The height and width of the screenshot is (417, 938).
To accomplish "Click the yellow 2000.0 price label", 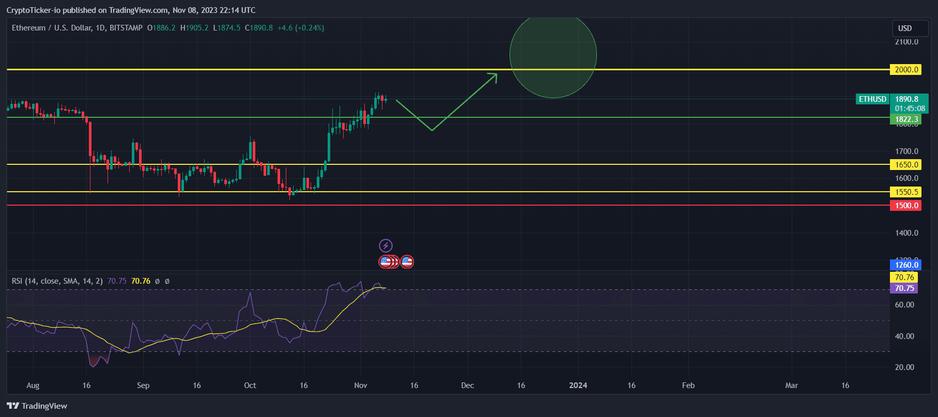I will [x=905, y=70].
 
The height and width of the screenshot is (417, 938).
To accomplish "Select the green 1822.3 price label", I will [x=905, y=119].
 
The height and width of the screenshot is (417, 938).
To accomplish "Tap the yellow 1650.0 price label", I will [x=905, y=165].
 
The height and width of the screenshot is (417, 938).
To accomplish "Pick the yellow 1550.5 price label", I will [x=905, y=192].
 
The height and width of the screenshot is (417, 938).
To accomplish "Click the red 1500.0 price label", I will [x=905, y=206].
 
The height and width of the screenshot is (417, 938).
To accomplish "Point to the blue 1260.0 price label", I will [x=905, y=265].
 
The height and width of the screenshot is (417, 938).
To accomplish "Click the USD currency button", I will [x=905, y=28].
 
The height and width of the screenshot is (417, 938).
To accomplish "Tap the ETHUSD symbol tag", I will [x=872, y=99].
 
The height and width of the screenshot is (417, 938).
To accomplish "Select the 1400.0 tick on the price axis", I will [x=906, y=233].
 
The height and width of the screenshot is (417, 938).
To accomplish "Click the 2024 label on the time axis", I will [x=578, y=385].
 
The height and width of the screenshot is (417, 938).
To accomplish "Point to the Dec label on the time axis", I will [x=467, y=385].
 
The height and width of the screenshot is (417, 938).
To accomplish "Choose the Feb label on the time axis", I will [x=688, y=385].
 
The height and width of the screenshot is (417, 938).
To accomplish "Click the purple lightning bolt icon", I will [x=386, y=245].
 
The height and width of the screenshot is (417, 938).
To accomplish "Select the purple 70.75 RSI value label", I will [x=904, y=288].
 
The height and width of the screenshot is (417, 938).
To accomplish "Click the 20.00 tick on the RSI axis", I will [x=904, y=367].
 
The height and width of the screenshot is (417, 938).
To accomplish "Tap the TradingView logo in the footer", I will [x=37, y=406].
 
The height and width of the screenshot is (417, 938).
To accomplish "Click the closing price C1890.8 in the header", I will [x=259, y=28].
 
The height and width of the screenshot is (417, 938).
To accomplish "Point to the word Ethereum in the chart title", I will [x=28, y=28].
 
